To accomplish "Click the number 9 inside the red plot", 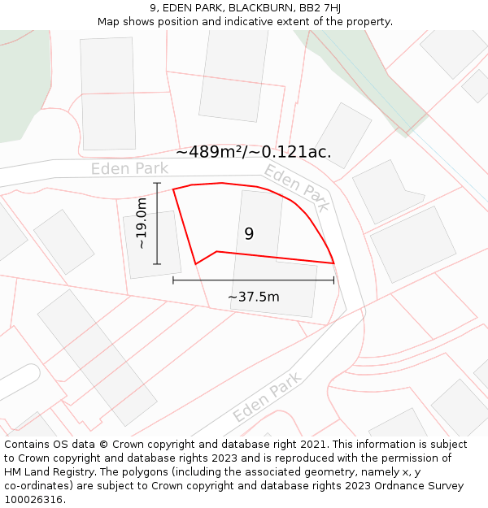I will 249,234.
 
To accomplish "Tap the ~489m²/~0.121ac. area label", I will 254,152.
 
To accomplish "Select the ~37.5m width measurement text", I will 253,297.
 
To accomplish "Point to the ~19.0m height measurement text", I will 142,223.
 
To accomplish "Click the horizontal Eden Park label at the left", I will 129,169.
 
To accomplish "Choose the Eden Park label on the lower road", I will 268,397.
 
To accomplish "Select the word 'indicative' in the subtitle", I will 249,21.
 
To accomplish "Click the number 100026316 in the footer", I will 33,499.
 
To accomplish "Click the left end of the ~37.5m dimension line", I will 173,280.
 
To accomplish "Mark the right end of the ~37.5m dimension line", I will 333,280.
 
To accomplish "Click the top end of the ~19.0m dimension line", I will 157,184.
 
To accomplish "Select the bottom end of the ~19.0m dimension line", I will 157,264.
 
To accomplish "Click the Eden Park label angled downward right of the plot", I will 297,188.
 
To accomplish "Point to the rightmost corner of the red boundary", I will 334,263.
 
